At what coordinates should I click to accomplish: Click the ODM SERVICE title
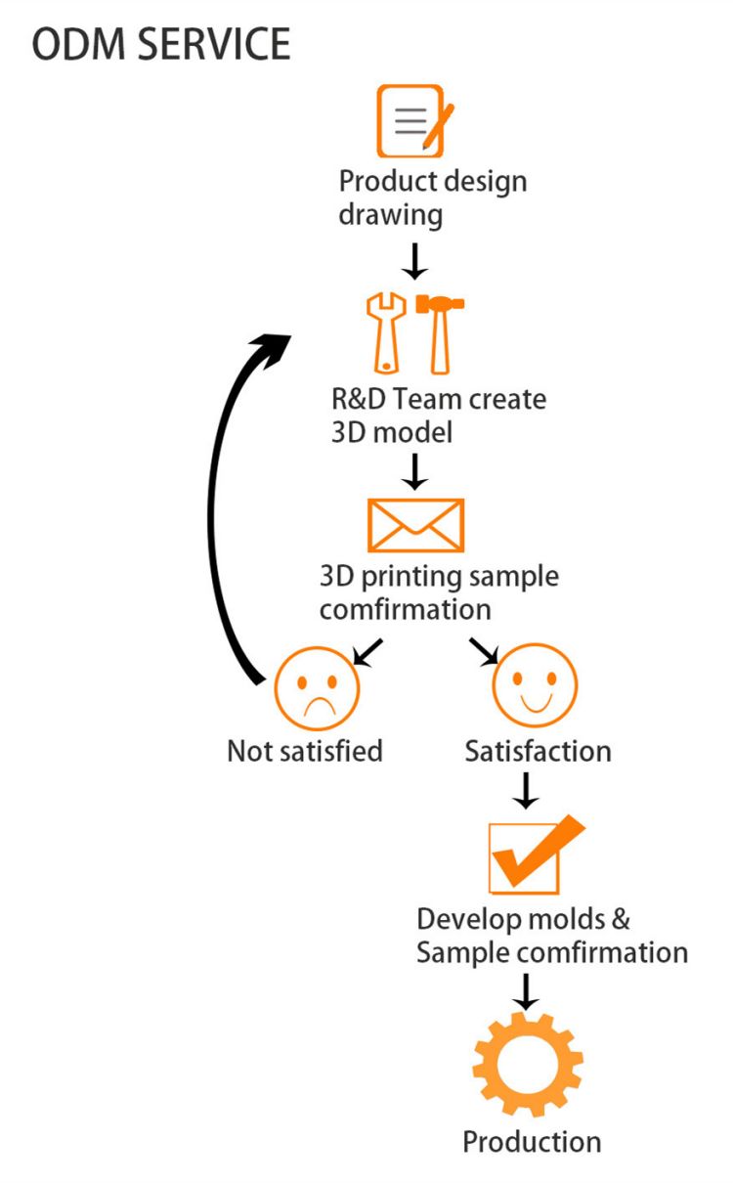pyautogui.click(x=161, y=45)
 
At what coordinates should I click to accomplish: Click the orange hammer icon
pyautogui.click(x=440, y=332)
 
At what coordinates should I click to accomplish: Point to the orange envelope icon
pyautogui.click(x=415, y=525)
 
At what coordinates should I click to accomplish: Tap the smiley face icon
pyautogui.click(x=535, y=684)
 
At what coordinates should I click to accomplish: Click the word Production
pyautogui.click(x=532, y=1141)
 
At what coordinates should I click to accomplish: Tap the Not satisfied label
pyautogui.click(x=304, y=751)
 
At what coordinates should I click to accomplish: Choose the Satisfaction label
pyautogui.click(x=538, y=751)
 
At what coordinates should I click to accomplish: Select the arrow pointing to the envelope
pyautogui.click(x=415, y=470)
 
